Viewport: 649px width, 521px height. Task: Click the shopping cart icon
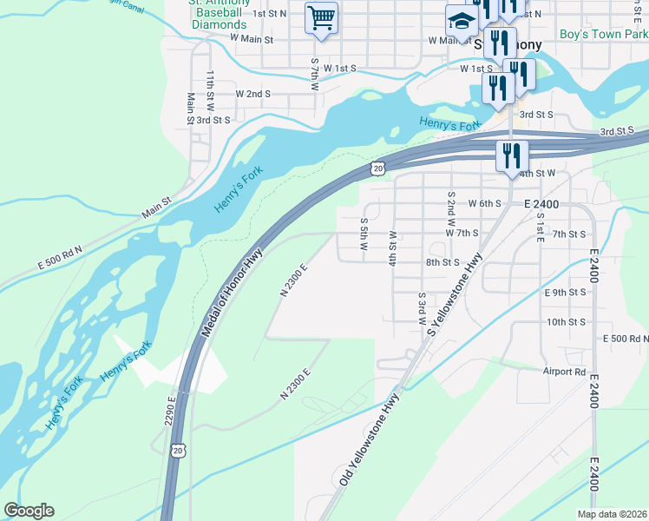click(x=321, y=17)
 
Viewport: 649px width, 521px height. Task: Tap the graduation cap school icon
click(x=461, y=21)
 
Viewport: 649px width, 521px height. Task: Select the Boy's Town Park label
click(x=603, y=35)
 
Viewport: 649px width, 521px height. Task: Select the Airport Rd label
click(x=564, y=372)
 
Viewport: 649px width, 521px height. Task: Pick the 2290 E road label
click(x=171, y=413)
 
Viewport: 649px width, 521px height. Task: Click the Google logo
click(x=29, y=511)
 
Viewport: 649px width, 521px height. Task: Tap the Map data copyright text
click(x=613, y=514)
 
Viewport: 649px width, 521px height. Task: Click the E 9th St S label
click(x=566, y=293)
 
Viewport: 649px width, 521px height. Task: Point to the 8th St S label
click(x=442, y=261)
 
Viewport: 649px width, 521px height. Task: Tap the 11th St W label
click(x=210, y=89)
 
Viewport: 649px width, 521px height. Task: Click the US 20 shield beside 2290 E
click(x=178, y=450)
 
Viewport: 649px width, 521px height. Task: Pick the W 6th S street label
click(x=485, y=203)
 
